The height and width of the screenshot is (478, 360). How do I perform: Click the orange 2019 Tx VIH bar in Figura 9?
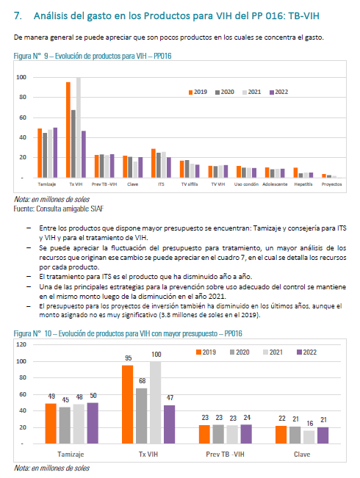(68, 130)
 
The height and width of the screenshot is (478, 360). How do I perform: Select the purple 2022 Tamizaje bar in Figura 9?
(55, 153)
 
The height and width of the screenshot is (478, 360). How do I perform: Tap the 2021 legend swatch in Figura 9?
(245, 93)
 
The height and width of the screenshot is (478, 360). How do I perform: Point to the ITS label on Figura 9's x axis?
(161, 184)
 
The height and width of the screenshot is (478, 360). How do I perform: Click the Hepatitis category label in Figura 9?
(303, 184)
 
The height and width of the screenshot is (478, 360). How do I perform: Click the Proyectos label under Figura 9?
(331, 184)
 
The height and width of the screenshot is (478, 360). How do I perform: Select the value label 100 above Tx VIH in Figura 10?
(156, 355)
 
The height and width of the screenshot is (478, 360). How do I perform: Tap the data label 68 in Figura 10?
(143, 381)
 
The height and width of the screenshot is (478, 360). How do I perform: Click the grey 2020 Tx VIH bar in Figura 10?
(142, 416)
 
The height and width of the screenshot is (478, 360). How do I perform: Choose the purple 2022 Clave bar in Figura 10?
(323, 435)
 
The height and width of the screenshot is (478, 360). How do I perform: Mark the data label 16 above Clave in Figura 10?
(310, 424)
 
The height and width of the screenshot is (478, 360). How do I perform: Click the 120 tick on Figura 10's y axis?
(21, 344)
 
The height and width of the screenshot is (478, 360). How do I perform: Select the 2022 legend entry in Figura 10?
(307, 352)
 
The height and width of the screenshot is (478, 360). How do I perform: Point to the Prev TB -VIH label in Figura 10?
(225, 455)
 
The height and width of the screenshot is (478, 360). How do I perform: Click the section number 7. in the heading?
(18, 16)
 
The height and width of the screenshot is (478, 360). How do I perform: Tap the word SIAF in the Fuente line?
(97, 209)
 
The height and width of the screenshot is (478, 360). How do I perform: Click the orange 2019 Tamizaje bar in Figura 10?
(51, 424)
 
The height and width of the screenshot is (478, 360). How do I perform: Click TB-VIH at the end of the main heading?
(303, 16)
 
